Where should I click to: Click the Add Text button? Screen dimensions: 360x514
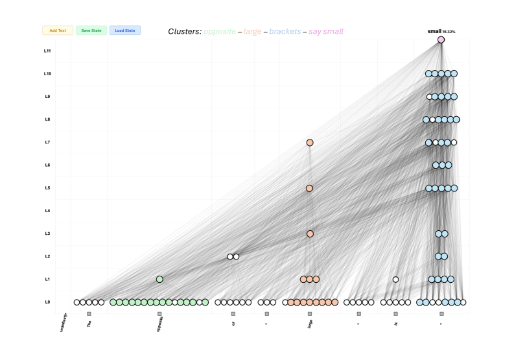pos(58,30)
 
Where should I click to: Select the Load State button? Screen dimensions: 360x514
pos(124,30)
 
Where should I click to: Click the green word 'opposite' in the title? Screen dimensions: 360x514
pos(220,31)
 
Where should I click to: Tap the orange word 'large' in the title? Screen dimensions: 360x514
pos(252,31)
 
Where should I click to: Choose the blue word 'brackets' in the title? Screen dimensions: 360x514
pos(285,31)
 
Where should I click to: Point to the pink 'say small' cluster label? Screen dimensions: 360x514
pos(326,31)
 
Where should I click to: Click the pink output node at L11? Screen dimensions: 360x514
pos(441,40)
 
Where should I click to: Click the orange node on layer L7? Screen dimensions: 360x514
pos(310,143)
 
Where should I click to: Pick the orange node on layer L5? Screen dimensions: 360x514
pos(309,188)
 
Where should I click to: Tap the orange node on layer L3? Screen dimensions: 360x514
pos(310,234)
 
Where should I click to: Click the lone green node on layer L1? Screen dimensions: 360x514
pos(159,280)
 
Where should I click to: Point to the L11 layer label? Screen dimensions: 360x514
pos(47,51)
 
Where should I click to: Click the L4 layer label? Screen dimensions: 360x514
pos(47,211)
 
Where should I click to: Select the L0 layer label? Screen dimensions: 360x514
pos(47,302)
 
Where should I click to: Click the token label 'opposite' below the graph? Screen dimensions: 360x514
pos(160,324)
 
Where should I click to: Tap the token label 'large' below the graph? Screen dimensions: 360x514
pos(310,323)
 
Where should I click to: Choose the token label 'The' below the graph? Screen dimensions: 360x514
pos(89,322)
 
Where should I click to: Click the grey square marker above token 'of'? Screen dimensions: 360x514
pos(233,314)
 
